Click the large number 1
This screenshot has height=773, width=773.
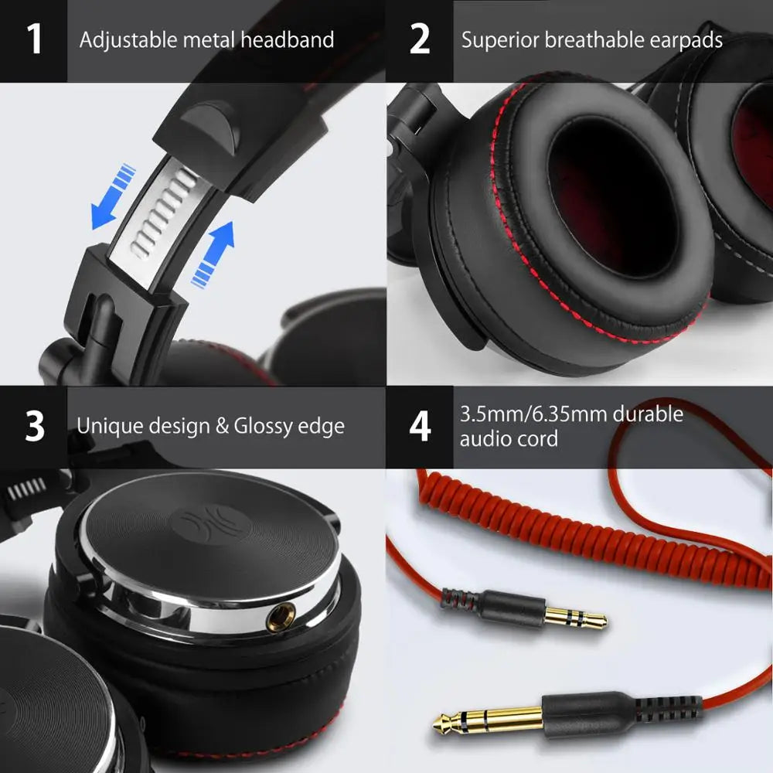[x=34, y=39]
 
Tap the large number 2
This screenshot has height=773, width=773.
[x=420, y=39]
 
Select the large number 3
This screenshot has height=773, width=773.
[x=35, y=427]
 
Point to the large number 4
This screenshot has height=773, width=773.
[x=420, y=427]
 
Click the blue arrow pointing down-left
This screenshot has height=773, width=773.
[x=110, y=196]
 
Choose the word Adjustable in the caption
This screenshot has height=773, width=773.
[x=129, y=39]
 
